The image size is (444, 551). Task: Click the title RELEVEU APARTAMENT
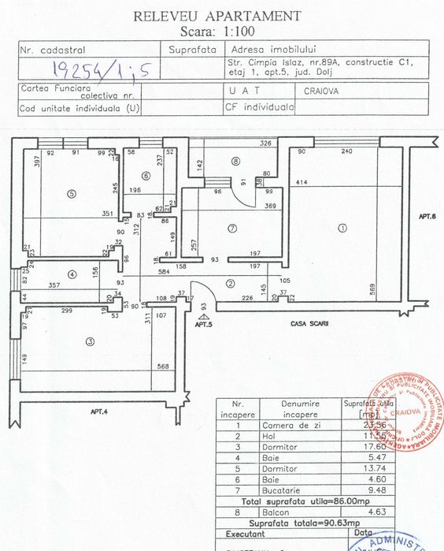tap(216, 15)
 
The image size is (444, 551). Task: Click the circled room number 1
tap(342, 229)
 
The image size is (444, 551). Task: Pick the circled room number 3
tap(90, 341)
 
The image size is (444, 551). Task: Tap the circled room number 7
tap(231, 229)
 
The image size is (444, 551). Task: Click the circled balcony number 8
tap(235, 162)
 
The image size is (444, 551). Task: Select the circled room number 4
tap(72, 274)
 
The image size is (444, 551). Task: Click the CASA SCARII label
tap(308, 324)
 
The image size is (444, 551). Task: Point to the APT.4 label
tap(99, 411)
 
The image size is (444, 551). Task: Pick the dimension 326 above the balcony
tap(265, 143)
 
